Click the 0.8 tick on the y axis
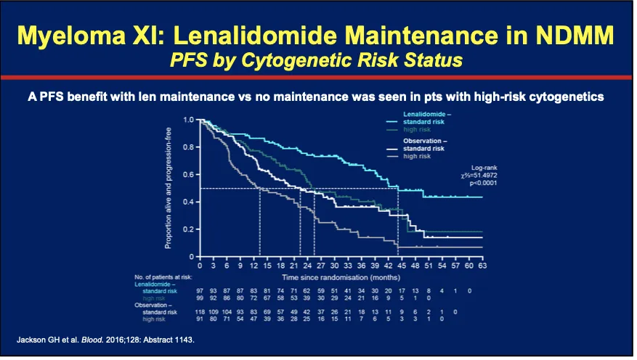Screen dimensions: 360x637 click(x=188, y=147)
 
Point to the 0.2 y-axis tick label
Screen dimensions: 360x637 click(x=188, y=229)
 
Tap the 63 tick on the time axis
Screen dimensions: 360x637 click(x=482, y=266)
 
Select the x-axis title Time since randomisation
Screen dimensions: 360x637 click(x=328, y=277)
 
